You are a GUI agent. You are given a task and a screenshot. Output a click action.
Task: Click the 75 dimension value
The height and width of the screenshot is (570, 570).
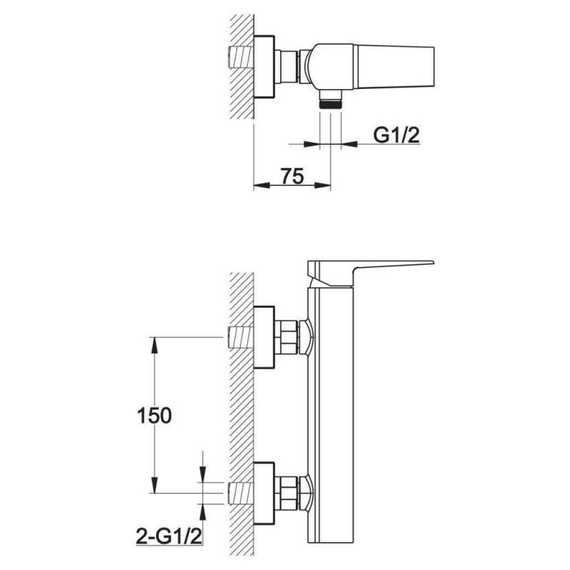pyautogui.click(x=292, y=176)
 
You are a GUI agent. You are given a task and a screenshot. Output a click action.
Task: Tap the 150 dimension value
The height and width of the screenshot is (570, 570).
pyautogui.click(x=154, y=415)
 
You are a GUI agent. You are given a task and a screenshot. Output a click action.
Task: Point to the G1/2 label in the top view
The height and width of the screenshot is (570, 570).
pyautogui.click(x=397, y=135)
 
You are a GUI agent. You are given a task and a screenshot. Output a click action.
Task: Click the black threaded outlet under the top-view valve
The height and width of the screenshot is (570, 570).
pyautogui.click(x=331, y=104)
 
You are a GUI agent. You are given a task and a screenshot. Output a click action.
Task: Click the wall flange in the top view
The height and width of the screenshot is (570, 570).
pyautogui.click(x=264, y=67)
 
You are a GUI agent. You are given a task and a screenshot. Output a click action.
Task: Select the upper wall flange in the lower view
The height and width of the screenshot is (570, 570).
pyautogui.click(x=264, y=337)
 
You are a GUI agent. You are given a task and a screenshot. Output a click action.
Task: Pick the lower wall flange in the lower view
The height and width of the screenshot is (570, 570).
pyautogui.click(x=264, y=493)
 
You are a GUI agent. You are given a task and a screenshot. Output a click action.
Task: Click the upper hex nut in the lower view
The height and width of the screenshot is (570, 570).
pyautogui.click(x=286, y=337)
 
